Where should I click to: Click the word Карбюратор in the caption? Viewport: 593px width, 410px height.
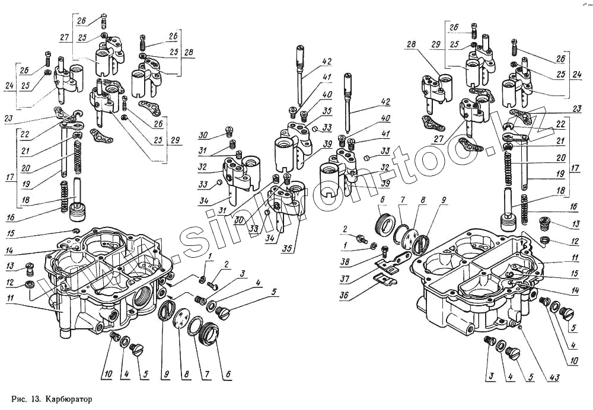[x=68, y=398]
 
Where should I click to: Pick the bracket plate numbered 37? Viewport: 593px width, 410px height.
[x=396, y=259]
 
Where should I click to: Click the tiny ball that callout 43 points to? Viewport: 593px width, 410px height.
[x=520, y=325]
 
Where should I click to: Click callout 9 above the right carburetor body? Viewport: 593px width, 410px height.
[x=445, y=209]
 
